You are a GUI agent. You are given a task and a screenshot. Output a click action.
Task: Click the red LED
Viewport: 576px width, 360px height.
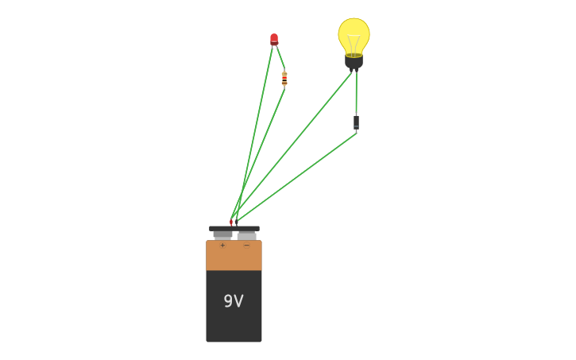pos(274,38)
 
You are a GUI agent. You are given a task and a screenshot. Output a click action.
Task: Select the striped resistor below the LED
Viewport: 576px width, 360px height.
pos(284,78)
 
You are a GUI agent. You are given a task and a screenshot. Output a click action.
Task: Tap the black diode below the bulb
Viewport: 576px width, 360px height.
pos(356,122)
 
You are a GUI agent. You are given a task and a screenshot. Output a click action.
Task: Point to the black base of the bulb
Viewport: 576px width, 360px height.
pos(354,61)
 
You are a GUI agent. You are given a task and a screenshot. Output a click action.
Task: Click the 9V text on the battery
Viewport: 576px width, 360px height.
pos(233,301)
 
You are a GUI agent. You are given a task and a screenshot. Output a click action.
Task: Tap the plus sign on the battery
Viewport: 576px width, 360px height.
pos(222,246)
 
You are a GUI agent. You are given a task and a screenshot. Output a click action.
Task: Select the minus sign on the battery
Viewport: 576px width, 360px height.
pos(246,246)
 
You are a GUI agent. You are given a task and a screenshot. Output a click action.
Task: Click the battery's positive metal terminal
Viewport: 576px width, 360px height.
pos(222,235)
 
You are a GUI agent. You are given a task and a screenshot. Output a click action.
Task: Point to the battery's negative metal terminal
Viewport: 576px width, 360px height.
pos(246,235)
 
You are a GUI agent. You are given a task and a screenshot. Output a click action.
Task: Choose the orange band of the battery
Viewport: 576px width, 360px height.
pos(234,256)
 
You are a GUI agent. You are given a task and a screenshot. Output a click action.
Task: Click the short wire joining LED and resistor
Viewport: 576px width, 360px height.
pos(280,57)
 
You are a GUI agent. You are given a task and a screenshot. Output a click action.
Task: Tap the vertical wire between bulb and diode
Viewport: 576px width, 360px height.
pos(356,94)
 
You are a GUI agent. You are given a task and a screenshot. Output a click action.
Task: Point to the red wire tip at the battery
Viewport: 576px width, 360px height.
pos(231,222)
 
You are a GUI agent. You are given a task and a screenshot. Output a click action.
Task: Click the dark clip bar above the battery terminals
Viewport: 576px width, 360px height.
pos(234,228)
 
